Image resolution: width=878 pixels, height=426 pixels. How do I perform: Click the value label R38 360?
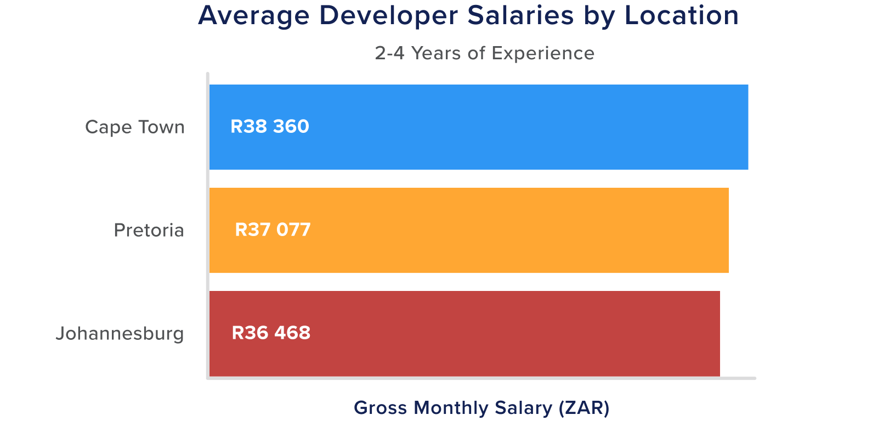[269, 127]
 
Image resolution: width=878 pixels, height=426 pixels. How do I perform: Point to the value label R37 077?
[273, 229]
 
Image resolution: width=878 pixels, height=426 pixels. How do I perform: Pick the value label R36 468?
[271, 333]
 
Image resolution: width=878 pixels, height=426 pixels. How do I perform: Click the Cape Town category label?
[135, 127]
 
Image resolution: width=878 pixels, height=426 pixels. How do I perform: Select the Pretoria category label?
[149, 230]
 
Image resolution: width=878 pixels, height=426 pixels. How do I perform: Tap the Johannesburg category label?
[120, 333]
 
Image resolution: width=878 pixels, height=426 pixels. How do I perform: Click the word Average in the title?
[254, 15]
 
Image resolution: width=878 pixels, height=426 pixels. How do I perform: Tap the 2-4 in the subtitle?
[390, 53]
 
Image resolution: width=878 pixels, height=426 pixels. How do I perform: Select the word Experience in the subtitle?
[543, 54]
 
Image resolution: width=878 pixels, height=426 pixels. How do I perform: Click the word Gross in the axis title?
[381, 408]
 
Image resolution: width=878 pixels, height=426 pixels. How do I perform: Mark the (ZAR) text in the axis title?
[584, 408]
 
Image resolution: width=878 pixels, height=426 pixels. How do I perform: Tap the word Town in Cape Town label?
[161, 127]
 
